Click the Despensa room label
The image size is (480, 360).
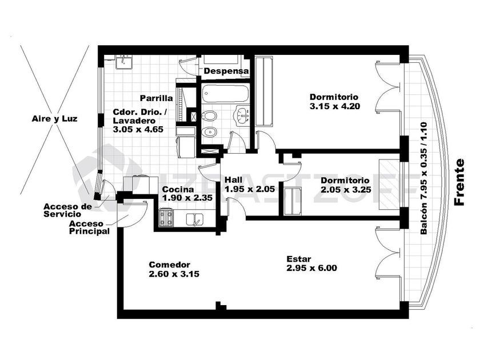226,71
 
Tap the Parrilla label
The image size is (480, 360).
157,98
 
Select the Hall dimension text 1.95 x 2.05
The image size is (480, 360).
250,189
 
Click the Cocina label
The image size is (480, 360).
178,190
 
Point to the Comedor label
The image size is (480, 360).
169,265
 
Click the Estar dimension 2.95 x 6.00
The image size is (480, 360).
311,268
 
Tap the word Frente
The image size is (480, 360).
459,182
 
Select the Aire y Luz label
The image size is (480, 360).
54,119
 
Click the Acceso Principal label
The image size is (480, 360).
89,227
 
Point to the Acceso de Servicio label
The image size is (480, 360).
67,210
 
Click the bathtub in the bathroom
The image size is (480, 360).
226,93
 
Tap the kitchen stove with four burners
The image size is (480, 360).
166,218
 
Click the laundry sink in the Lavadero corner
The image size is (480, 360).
123,62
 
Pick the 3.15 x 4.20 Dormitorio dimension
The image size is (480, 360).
335,106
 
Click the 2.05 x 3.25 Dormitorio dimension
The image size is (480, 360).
346,190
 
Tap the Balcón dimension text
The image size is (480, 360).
423,178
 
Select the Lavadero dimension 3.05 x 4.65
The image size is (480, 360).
138,130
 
